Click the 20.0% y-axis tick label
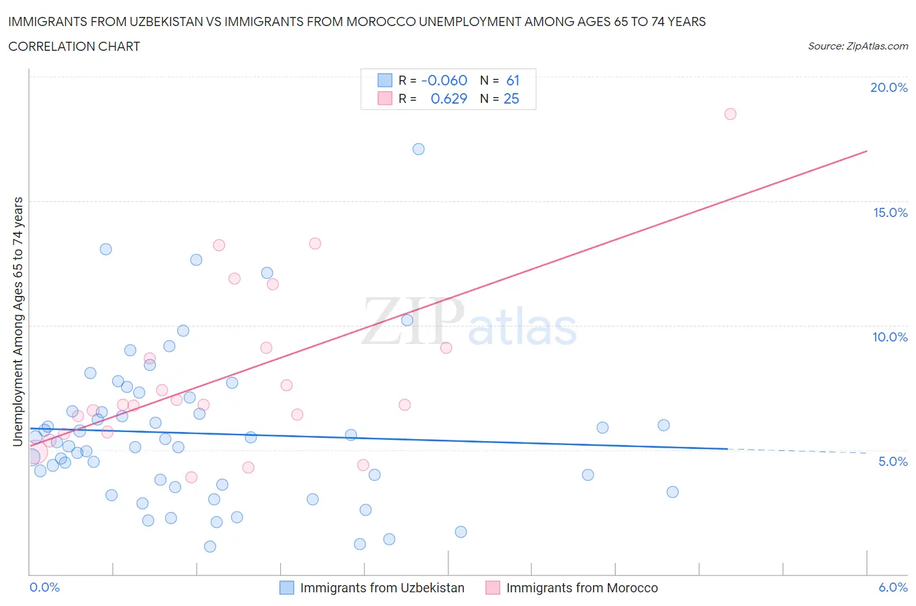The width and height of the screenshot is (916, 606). tap(889, 87)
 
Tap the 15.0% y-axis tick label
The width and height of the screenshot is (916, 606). tap(890, 212)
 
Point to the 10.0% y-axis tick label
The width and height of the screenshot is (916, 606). tap(890, 337)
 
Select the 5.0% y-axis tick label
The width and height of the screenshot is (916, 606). tap(893, 461)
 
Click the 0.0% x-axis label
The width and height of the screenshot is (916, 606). tap(44, 587)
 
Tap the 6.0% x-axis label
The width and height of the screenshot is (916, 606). tap(893, 587)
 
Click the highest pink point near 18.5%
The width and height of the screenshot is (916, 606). tap(730, 114)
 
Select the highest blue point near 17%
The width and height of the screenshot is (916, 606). tap(418, 149)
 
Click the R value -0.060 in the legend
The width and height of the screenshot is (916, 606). tap(444, 80)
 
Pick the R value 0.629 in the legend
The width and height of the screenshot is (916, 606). tap(449, 98)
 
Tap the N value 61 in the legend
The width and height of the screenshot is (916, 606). tap(513, 80)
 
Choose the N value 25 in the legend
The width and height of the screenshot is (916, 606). tap(511, 98)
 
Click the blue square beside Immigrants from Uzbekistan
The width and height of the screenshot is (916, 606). tap(287, 588)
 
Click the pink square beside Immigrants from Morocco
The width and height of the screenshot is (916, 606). tap(493, 588)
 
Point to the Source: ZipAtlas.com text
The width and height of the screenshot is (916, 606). tap(857, 46)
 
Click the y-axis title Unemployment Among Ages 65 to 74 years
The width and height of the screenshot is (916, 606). tap(18, 322)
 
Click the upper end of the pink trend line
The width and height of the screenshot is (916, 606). tap(866, 151)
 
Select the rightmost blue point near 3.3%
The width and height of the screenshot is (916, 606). tap(672, 492)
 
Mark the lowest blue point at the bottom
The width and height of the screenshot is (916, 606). tap(210, 547)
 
